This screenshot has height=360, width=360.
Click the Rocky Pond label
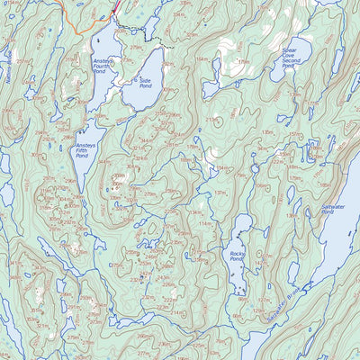coord(238,259)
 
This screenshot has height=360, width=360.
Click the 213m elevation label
coord(213,119)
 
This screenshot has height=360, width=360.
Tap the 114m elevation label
coord(205,223)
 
